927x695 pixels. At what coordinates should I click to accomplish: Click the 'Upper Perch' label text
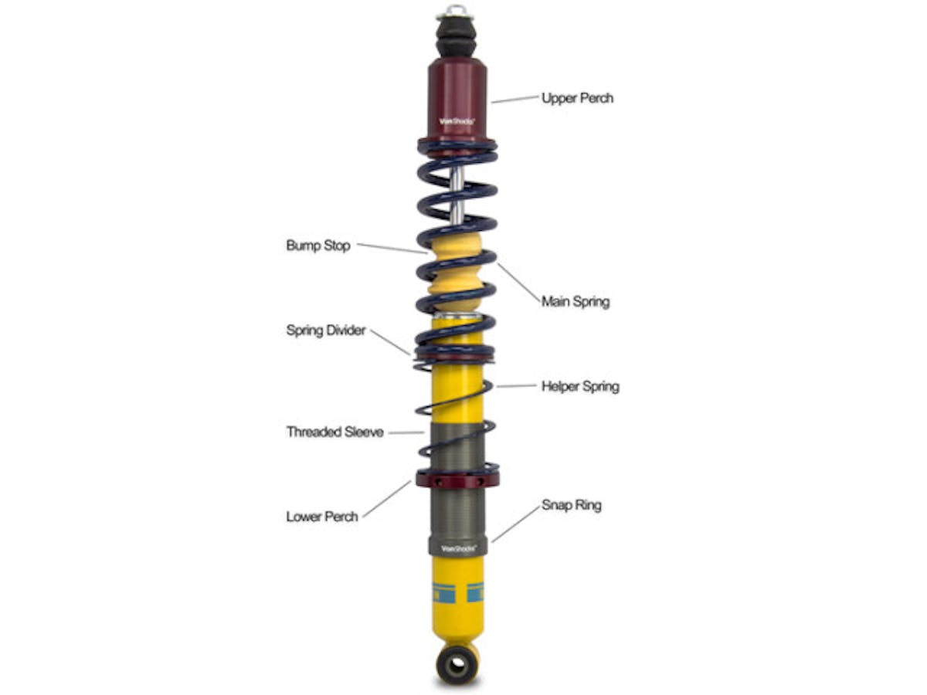pyautogui.click(x=577, y=98)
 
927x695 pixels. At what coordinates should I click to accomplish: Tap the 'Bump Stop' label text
pyautogui.click(x=317, y=246)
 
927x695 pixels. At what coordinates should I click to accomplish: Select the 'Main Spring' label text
pyautogui.click(x=575, y=301)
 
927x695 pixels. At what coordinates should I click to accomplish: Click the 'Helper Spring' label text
pyautogui.click(x=579, y=386)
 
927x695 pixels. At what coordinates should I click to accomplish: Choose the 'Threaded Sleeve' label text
pyautogui.click(x=334, y=432)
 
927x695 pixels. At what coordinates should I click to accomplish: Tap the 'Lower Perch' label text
pyautogui.click(x=322, y=517)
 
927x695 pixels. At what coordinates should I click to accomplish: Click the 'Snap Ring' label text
pyautogui.click(x=571, y=506)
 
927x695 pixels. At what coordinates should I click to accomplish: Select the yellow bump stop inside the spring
pyautogui.click(x=456, y=270)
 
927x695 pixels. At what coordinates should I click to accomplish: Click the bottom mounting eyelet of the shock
pyautogui.click(x=457, y=665)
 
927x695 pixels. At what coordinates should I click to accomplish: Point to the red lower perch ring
pyautogui.click(x=457, y=480)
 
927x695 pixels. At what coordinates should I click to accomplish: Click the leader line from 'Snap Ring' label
pyautogui.click(x=515, y=524)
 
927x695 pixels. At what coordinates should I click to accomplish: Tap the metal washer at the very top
pyautogui.click(x=457, y=12)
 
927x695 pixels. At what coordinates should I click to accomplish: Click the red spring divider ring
pyautogui.click(x=455, y=354)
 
